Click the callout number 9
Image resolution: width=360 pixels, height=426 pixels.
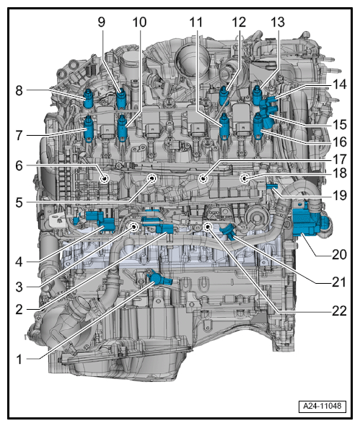pyautogui.click(x=102, y=22)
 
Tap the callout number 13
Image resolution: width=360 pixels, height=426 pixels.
pyautogui.click(x=278, y=22)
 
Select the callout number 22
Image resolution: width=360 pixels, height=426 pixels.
pyautogui.click(x=339, y=310)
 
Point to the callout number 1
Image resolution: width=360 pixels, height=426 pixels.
pyautogui.click(x=19, y=360)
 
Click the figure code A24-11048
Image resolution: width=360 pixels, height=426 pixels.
pyautogui.click(x=322, y=407)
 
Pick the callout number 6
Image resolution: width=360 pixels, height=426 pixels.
pyautogui.click(x=19, y=165)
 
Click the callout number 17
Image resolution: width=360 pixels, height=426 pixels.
pyautogui.click(x=339, y=159)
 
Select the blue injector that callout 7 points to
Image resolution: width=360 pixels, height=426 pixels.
pyautogui.click(x=89, y=129)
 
